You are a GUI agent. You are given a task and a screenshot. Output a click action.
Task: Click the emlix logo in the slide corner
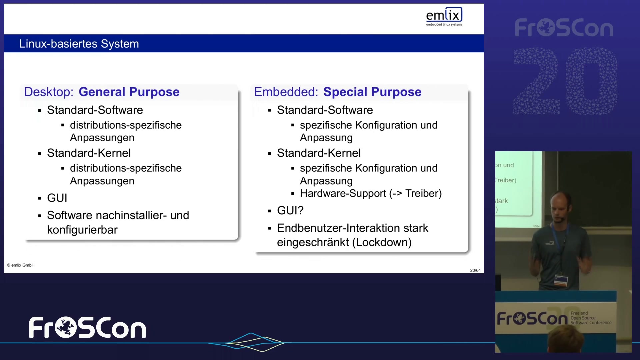click(444, 16)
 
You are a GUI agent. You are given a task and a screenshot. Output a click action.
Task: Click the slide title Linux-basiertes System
click(79, 44)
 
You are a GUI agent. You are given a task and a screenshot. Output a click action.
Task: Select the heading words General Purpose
click(129, 92)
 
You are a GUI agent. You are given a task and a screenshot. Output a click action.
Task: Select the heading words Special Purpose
click(372, 92)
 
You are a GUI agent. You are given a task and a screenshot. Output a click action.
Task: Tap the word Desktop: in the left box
click(49, 92)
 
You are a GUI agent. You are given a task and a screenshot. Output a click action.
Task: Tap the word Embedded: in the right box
click(286, 92)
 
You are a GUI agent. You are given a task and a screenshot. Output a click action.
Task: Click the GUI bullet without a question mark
click(57, 198)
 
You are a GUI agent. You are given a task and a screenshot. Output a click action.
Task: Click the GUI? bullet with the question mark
click(290, 210)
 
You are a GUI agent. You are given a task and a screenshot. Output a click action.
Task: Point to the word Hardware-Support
click(343, 193)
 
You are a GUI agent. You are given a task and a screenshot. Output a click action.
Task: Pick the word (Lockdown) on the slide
click(382, 242)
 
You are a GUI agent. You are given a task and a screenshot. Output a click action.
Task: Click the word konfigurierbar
click(82, 230)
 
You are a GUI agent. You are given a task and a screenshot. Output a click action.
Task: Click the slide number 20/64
click(475, 270)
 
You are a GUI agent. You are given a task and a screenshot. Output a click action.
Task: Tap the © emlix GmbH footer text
click(21, 265)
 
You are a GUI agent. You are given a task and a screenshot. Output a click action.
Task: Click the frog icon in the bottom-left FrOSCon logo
click(66, 327)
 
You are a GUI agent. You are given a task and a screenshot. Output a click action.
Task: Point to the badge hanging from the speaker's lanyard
click(561, 280)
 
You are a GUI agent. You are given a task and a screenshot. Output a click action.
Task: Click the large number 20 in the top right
click(565, 81)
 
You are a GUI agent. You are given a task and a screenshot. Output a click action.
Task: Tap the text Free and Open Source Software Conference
click(591, 318)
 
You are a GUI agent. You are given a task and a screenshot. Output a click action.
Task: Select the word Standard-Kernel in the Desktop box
click(89, 153)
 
